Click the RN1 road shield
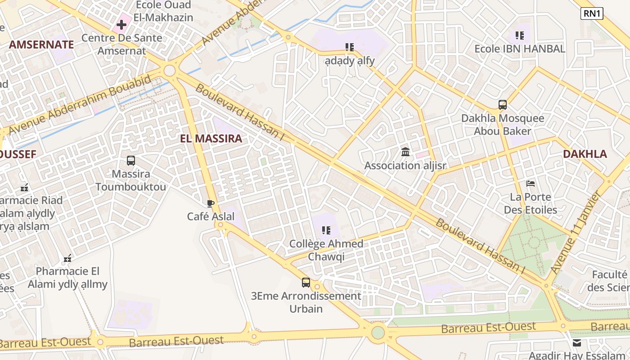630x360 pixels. [592, 13]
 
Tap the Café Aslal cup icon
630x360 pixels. [210, 204]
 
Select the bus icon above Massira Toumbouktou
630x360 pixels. [131, 161]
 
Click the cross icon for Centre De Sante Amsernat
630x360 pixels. [121, 25]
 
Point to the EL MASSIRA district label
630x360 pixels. [211, 139]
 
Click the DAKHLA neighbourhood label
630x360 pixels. [585, 154]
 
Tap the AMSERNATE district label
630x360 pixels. [41, 45]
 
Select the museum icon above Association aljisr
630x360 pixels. [405, 152]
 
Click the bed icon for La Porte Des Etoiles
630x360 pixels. [531, 184]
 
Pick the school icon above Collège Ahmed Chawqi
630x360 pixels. [326, 230]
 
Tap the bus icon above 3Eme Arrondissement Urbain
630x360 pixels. [306, 283]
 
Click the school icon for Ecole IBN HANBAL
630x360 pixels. [520, 35]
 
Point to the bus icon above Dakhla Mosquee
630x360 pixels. [503, 105]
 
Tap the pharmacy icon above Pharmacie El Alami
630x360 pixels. [67, 258]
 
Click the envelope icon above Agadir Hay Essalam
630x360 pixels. [577, 343]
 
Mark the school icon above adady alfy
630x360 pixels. [350, 47]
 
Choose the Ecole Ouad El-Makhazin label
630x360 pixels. [164, 11]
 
